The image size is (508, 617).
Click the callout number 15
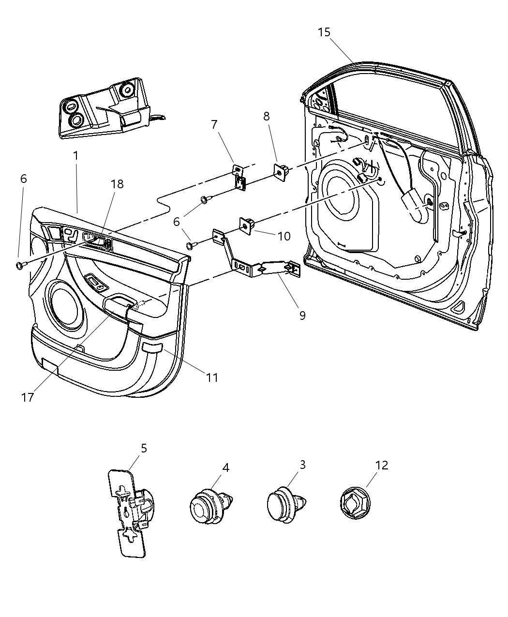(x=324, y=32)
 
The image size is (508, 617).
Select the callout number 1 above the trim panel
(x=75, y=156)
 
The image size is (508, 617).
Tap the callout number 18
(x=117, y=184)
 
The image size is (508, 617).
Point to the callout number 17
(x=28, y=397)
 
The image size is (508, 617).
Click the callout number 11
(x=212, y=377)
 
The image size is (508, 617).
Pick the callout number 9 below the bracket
(x=302, y=315)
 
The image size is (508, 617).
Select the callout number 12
(x=382, y=465)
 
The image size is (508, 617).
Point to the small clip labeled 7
(x=239, y=177)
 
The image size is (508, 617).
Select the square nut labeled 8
(x=281, y=171)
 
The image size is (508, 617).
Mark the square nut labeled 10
(x=248, y=225)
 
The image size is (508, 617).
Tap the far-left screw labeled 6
(x=20, y=265)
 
